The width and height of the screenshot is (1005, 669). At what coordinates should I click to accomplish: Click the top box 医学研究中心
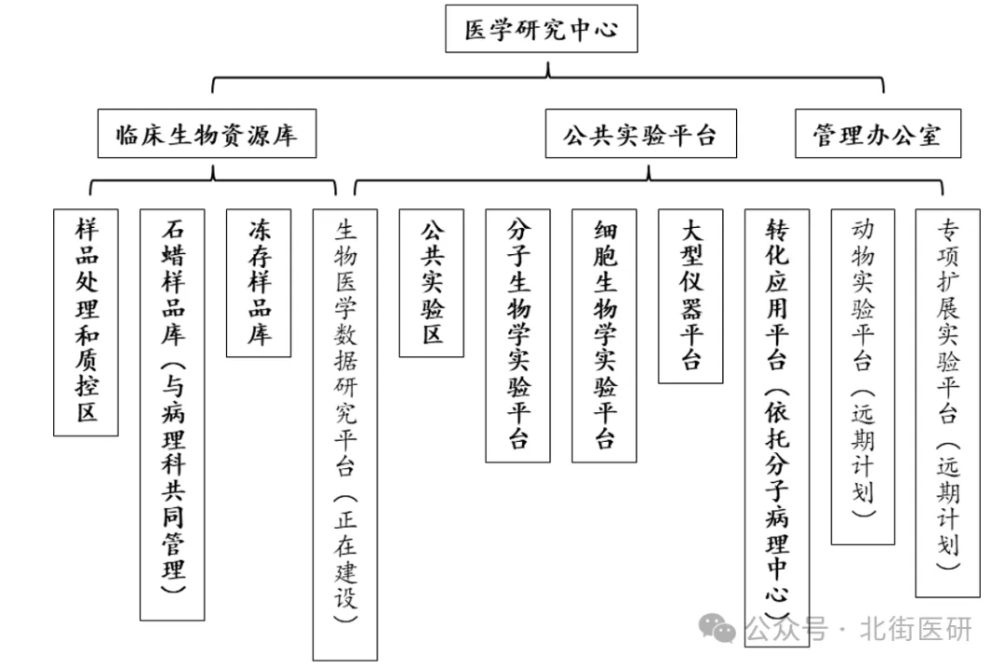click(541, 29)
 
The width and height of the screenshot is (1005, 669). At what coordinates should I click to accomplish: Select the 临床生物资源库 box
click(207, 133)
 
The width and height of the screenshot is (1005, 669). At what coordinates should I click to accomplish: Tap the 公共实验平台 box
click(641, 133)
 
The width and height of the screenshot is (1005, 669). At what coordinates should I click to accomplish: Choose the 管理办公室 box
click(878, 133)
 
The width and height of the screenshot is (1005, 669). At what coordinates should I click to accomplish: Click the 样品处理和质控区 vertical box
click(86, 322)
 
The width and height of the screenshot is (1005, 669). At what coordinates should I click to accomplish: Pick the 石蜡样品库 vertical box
click(172, 415)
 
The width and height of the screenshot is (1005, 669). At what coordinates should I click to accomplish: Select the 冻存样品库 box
click(259, 283)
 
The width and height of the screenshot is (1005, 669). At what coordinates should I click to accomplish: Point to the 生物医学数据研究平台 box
click(345, 435)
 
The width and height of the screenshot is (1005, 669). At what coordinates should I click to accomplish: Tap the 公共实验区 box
click(432, 283)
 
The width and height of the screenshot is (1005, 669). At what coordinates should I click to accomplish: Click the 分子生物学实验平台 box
click(518, 335)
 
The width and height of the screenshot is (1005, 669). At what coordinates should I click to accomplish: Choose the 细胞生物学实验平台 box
click(605, 335)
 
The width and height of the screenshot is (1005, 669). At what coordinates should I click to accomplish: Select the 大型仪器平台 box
click(690, 296)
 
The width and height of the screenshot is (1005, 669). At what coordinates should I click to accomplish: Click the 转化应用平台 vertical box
click(777, 428)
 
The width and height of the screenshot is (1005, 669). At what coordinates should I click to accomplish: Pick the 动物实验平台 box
click(863, 377)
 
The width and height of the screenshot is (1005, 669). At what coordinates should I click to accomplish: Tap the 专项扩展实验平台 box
click(948, 403)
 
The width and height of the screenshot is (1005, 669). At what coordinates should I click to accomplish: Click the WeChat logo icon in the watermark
click(717, 627)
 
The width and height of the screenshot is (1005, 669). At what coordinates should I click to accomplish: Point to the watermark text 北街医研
click(917, 629)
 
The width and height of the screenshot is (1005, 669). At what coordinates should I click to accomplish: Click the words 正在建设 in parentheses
click(345, 559)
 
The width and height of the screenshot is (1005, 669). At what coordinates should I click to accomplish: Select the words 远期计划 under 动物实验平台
click(863, 454)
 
